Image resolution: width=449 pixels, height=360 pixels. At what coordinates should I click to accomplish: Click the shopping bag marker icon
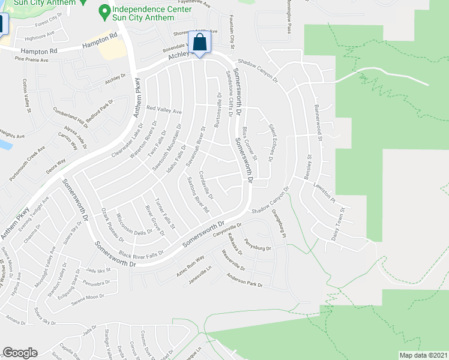[200, 43]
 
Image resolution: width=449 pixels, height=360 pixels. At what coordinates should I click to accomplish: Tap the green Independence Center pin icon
[105, 11]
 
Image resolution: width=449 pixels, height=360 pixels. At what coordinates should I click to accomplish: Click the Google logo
[19, 353]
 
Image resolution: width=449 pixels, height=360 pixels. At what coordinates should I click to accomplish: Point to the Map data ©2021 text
[424, 355]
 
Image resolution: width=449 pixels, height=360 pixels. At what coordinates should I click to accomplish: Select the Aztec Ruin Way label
[191, 262]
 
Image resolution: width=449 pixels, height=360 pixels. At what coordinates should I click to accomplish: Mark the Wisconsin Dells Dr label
[134, 224]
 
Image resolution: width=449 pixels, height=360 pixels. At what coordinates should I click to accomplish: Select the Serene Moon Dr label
[90, 296]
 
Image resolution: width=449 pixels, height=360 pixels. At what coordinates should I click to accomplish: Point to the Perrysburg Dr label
[258, 247]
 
